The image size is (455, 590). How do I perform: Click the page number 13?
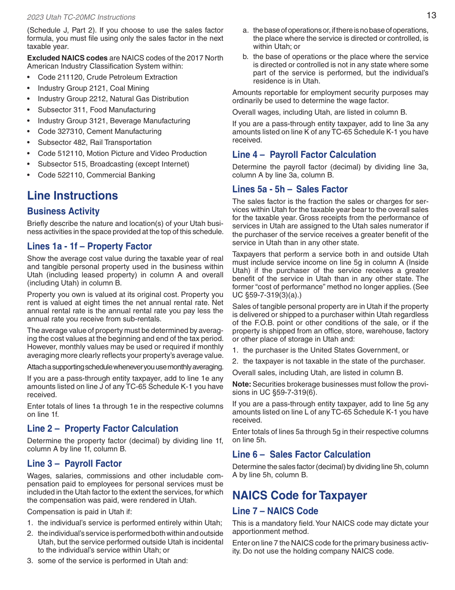[x=431, y=15]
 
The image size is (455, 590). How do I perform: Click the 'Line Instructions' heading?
[x=72, y=196]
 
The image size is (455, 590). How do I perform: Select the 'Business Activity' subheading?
[x=63, y=212]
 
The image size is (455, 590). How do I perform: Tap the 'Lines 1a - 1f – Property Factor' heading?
[x=89, y=247]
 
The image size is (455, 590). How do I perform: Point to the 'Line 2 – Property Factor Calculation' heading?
[x=102, y=429]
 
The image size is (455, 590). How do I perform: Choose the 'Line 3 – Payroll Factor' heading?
[x=74, y=464]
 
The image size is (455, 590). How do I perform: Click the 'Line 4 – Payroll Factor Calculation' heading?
[x=304, y=155]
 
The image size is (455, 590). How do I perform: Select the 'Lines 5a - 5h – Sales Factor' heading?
[x=290, y=189]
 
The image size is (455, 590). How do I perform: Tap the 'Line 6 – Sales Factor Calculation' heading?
[x=301, y=455]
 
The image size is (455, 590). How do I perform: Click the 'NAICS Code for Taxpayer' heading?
[x=300, y=496]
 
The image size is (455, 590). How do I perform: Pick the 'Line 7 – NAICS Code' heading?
[x=275, y=511]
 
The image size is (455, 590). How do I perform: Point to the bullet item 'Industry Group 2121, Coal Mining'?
[x=93, y=88]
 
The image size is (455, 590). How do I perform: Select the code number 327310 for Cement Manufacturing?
[x=69, y=131]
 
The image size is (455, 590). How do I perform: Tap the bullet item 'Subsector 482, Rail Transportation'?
[x=94, y=142]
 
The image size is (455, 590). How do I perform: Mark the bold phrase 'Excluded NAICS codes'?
[x=67, y=58]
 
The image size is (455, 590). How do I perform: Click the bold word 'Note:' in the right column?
[x=241, y=384]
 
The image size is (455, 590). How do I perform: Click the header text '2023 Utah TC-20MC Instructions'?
[x=81, y=17]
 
